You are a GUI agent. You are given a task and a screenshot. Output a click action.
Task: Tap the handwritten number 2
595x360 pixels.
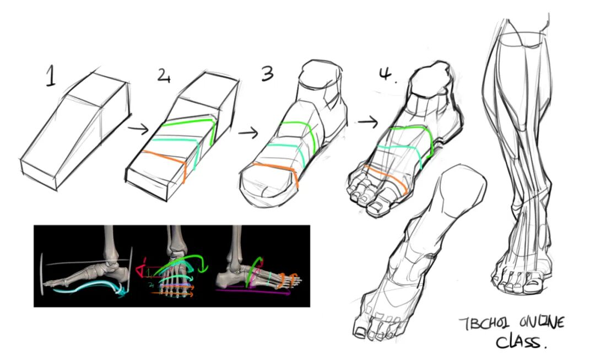164,76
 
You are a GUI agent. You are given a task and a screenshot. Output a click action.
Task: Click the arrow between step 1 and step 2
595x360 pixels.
138,130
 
